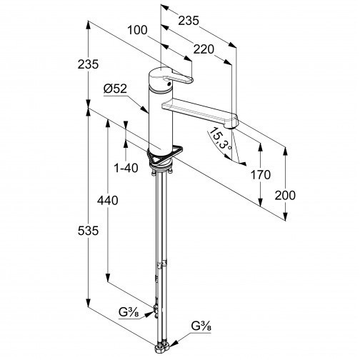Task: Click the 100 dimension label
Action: [x=137, y=30]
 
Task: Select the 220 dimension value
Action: [x=204, y=49]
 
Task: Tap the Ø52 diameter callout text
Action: [x=115, y=89]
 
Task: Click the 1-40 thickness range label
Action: [x=126, y=168]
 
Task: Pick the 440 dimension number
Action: [x=108, y=200]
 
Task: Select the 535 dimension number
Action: [x=88, y=231]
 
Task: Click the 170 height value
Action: [x=261, y=175]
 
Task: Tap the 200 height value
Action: [x=285, y=195]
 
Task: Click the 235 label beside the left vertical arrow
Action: [x=88, y=64]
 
